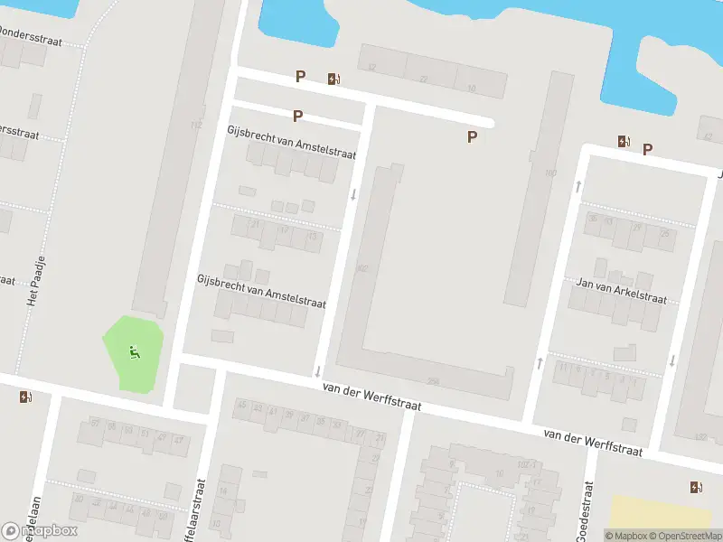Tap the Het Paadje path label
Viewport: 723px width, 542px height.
pos(36,282)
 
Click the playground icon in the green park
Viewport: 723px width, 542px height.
pos(135,352)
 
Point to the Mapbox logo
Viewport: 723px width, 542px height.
pos(41,531)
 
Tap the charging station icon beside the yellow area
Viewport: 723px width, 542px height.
pos(695,488)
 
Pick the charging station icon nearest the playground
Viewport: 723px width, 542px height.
pos(24,397)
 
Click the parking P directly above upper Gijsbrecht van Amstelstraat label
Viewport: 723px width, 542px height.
pos(297,116)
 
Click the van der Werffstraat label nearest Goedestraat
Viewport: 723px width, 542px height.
pos(593,443)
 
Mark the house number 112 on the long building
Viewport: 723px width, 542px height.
pos(196,125)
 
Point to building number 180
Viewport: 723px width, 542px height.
pos(550,173)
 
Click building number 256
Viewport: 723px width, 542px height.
pos(433,382)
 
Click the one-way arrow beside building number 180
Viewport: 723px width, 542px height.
pos(576,187)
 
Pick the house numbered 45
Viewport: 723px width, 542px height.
pos(240,405)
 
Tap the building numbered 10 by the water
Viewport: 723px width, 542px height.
pos(471,88)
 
